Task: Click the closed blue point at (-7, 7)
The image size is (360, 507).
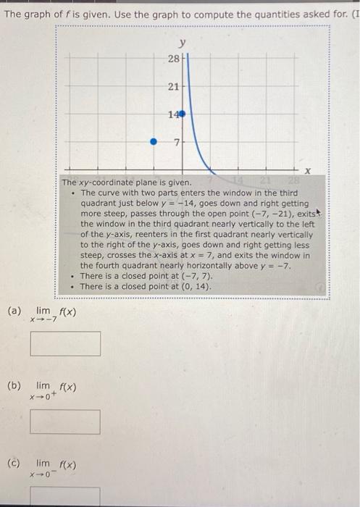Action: (153, 143)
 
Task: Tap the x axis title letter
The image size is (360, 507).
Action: (307, 171)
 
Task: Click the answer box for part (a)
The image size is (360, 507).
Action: (65, 343)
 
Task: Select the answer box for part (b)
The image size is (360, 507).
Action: (65, 422)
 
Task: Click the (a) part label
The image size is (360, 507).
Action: (13, 311)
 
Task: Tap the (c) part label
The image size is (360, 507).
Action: (13, 463)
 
